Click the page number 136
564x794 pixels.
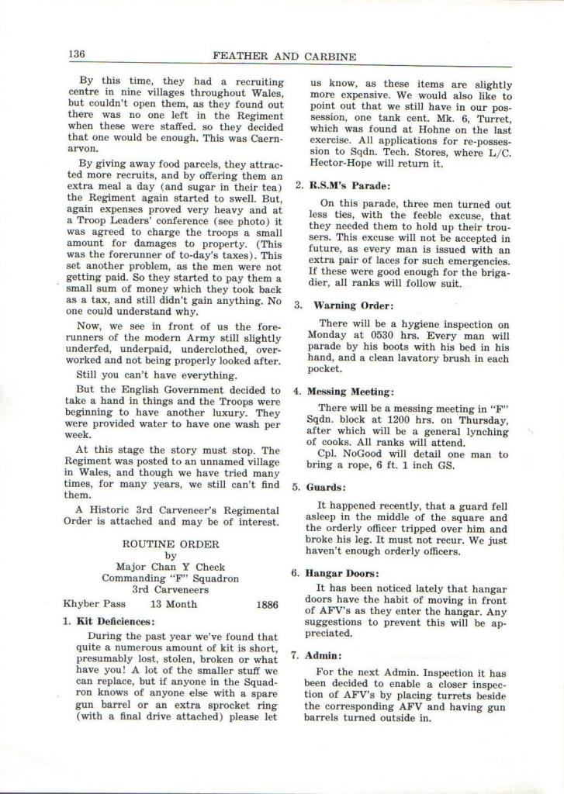coord(75,54)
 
